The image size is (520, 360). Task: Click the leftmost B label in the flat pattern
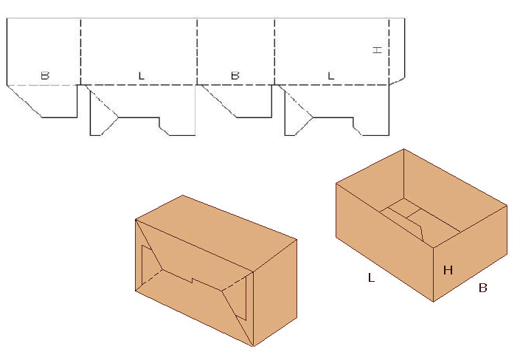pos(45,76)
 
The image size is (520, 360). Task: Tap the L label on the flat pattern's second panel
pos(142,76)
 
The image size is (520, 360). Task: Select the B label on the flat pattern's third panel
pos(235,76)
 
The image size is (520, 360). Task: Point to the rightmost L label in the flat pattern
pos(331,76)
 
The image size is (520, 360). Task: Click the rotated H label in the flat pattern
pos(378,49)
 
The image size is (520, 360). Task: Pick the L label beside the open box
pos(372,277)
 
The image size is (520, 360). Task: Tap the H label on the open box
pos(448,270)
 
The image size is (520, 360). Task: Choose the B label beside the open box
pos(483,288)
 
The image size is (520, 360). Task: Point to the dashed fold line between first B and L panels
pos(80,52)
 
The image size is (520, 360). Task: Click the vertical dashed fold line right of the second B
pos(275,52)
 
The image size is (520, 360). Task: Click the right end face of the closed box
pos(275,292)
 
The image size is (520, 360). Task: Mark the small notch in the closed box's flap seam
pos(192,281)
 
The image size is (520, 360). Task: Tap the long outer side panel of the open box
pos(385,240)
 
